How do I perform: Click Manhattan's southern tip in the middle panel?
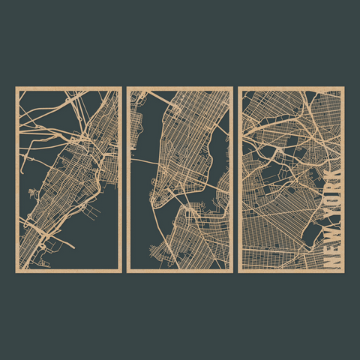pyautogui.click(x=154, y=201)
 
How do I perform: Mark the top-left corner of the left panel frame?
pyautogui.click(x=16, y=88)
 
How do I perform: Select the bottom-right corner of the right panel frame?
pyautogui.click(x=343, y=270)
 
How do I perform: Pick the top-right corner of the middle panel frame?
pyautogui.click(x=230, y=88)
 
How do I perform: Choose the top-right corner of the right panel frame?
pyautogui.click(x=343, y=88)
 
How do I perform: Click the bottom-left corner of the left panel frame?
pyautogui.click(x=16, y=270)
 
